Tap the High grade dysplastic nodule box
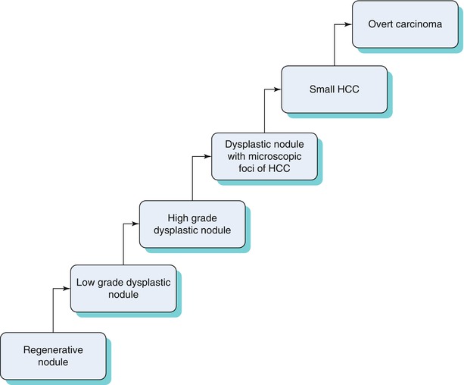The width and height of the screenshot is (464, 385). [192, 223]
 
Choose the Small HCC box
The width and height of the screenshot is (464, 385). [334, 89]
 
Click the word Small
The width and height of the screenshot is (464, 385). [322, 89]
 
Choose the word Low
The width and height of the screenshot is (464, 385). [86, 283]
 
